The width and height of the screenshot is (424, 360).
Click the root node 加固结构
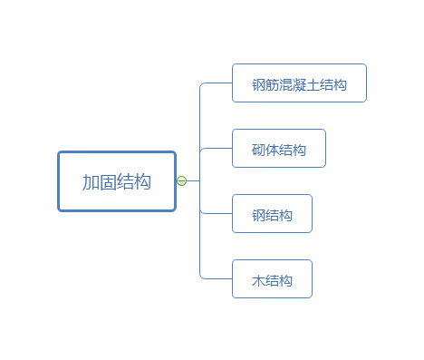point(117,181)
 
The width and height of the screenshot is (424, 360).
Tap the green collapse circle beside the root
point(181,181)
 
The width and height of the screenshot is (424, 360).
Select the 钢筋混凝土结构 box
point(299,83)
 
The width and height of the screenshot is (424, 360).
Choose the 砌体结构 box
point(279,149)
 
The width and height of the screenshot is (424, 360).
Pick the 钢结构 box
point(272,214)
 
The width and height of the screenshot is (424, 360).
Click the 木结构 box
point(272,279)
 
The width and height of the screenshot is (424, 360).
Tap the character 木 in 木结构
point(259,280)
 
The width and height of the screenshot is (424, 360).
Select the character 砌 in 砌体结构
point(259,150)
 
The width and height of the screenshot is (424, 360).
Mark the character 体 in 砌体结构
point(272,150)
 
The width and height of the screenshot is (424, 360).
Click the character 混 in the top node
point(286,84)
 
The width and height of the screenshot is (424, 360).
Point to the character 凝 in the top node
point(300,84)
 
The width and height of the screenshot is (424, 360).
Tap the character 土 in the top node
point(313,84)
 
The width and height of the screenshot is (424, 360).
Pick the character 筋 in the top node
point(273,84)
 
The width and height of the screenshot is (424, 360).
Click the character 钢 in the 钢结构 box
point(259,215)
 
